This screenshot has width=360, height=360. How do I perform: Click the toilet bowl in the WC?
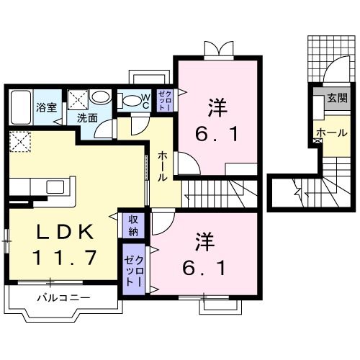tap(131, 102)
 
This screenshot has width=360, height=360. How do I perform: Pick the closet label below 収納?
tap(132, 269)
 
